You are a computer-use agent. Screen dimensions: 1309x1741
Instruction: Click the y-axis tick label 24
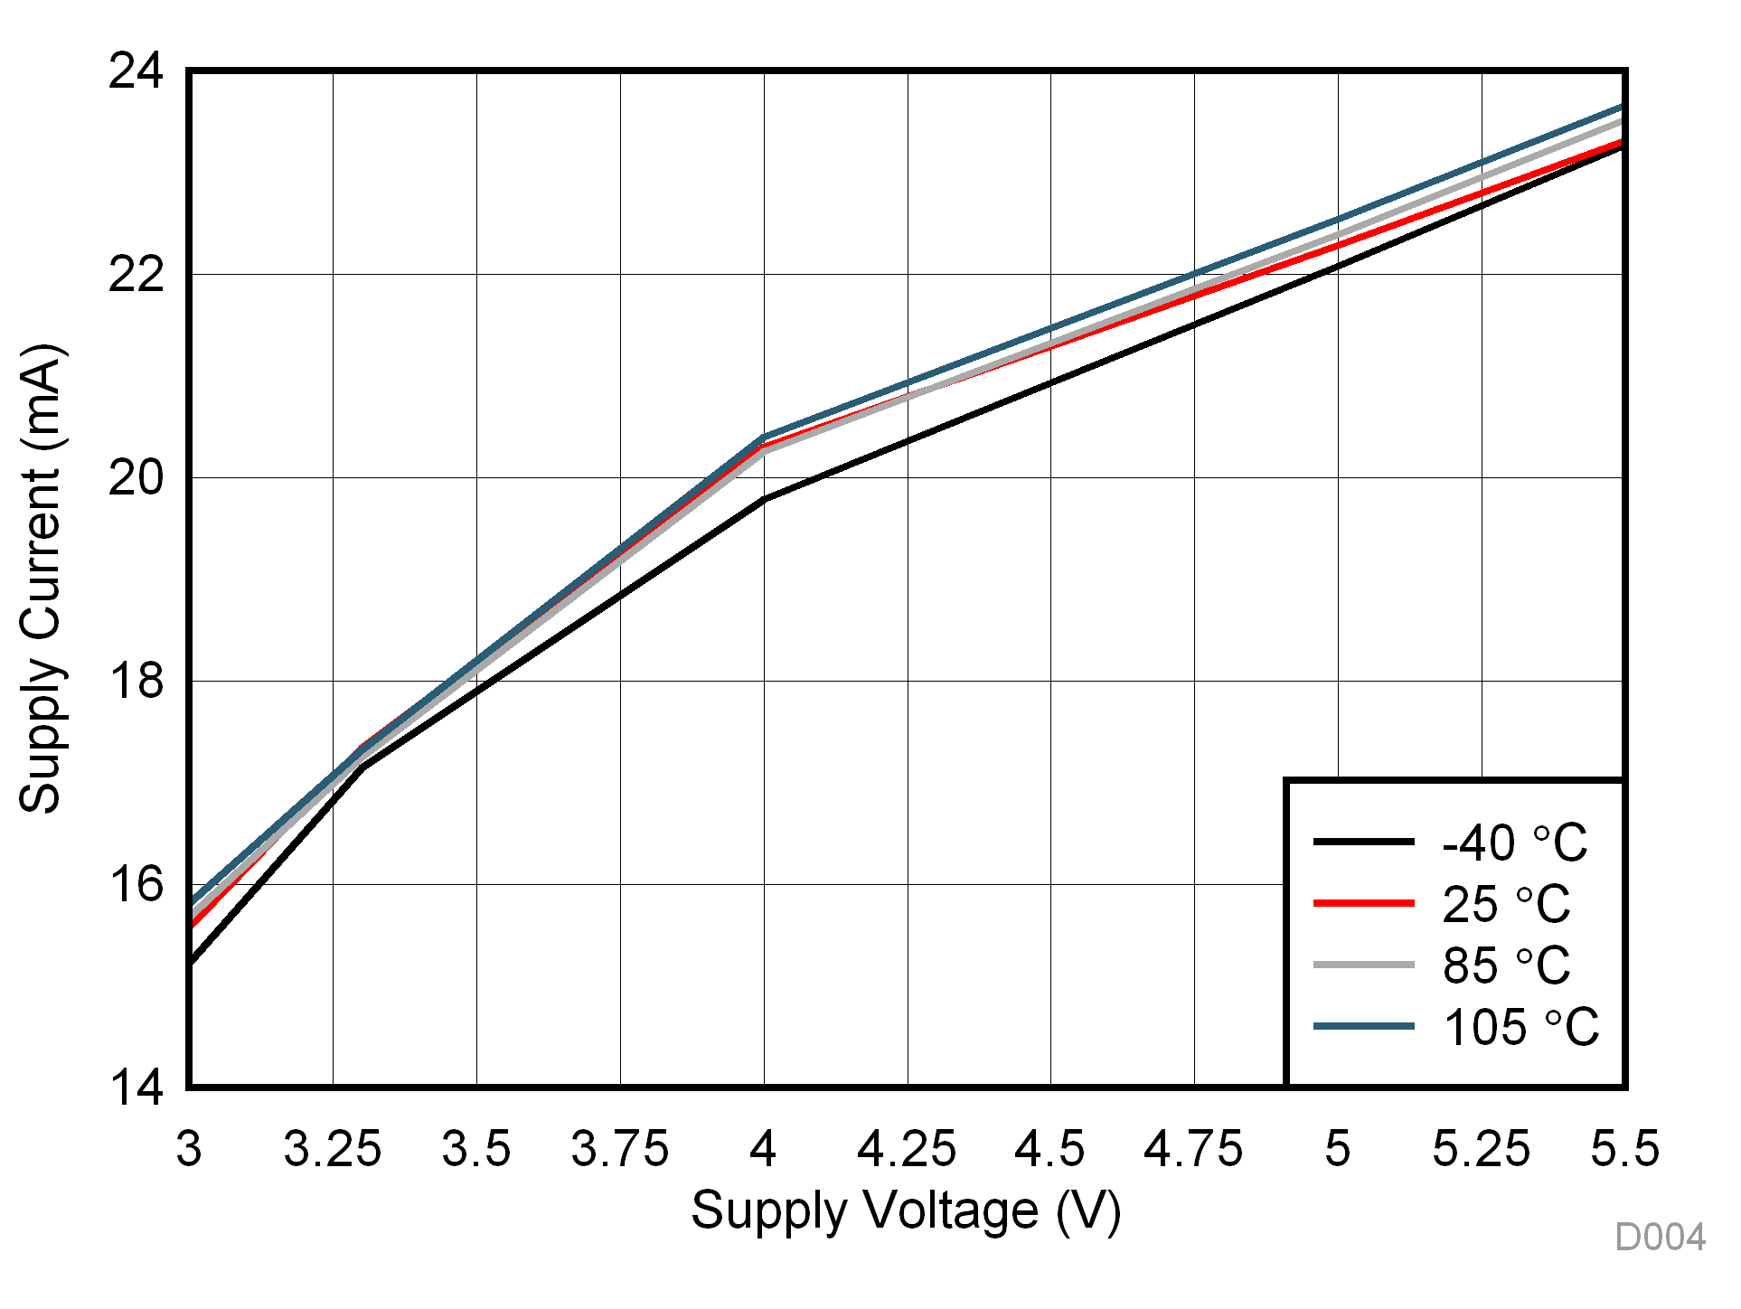136,71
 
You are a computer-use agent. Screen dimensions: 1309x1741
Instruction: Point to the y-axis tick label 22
136,274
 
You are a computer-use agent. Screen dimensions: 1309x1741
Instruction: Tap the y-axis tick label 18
136,681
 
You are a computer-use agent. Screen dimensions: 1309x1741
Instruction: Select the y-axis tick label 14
136,1088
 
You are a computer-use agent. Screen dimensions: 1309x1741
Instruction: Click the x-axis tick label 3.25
332,1150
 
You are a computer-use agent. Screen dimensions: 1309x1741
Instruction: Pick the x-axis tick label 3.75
619,1150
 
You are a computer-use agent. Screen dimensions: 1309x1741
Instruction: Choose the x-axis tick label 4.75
1193,1150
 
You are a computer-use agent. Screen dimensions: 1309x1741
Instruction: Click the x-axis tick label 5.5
1624,1150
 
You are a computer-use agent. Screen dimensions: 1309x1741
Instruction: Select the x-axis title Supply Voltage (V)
906,1211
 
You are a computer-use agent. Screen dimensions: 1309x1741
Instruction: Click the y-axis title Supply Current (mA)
42,579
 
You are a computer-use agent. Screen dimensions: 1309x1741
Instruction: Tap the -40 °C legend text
1514,843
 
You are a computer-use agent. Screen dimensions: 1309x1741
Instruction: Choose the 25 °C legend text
1506,904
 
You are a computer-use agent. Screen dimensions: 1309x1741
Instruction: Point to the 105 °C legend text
1520,1028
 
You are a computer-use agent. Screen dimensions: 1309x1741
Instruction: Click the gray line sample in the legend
1363,965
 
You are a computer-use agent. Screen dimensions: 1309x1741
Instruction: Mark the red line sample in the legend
1363,903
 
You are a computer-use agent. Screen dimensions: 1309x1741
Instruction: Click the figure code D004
1660,1238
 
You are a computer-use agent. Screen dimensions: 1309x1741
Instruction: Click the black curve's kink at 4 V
764,500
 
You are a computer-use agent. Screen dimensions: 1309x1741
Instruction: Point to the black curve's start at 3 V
191,963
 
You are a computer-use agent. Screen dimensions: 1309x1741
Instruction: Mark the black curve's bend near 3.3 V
362,768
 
